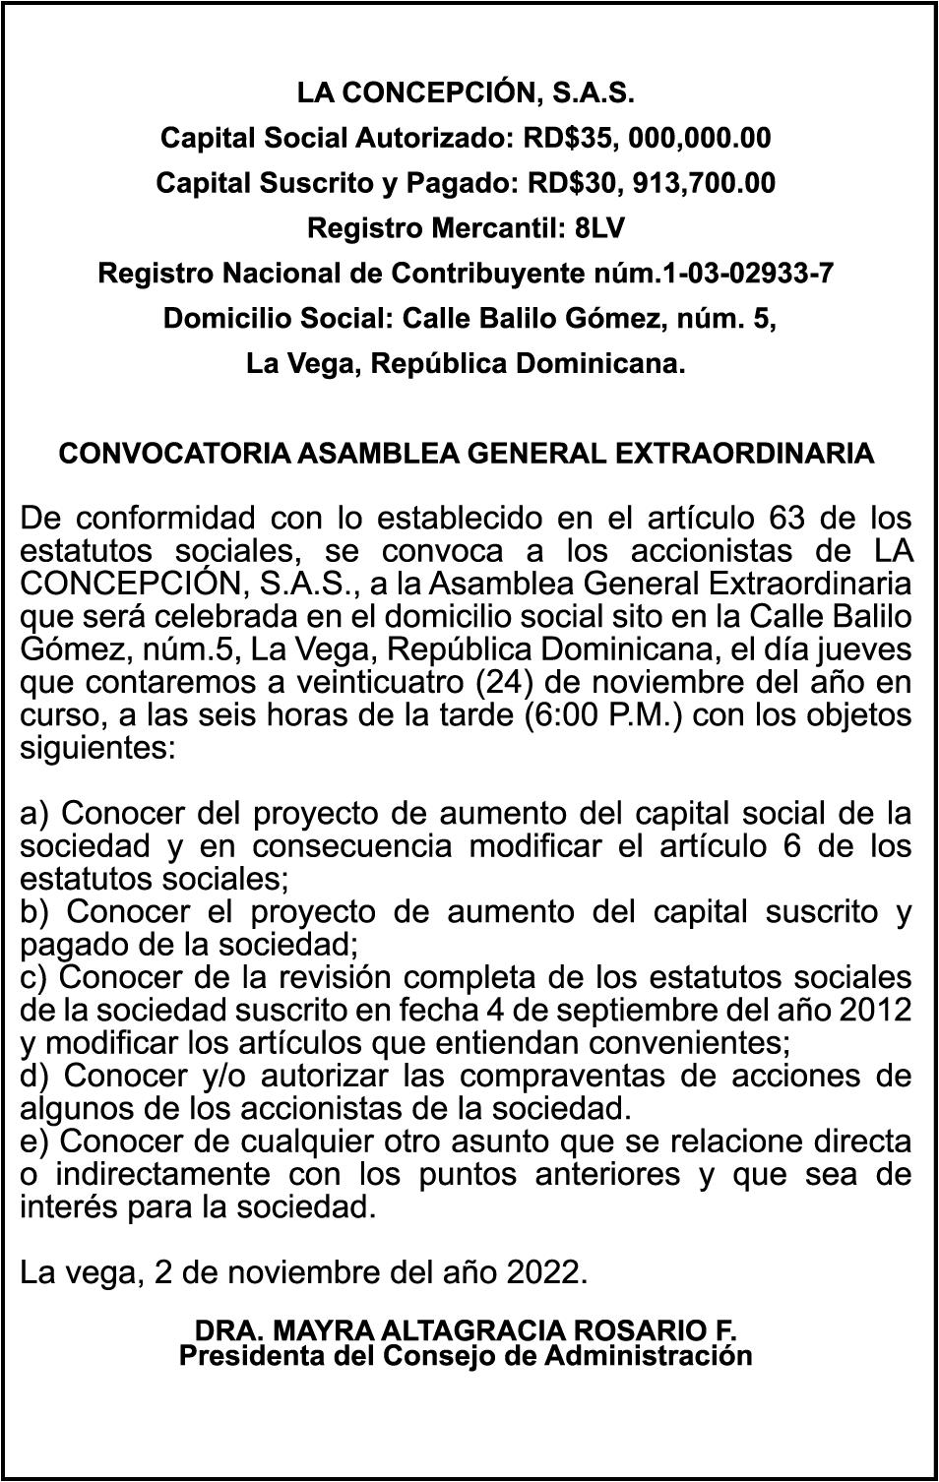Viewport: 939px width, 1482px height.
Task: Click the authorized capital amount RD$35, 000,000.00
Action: pos(647,139)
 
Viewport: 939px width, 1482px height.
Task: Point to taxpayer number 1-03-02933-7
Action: pos(749,274)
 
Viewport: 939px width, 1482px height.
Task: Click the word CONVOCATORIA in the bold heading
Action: pos(173,454)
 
